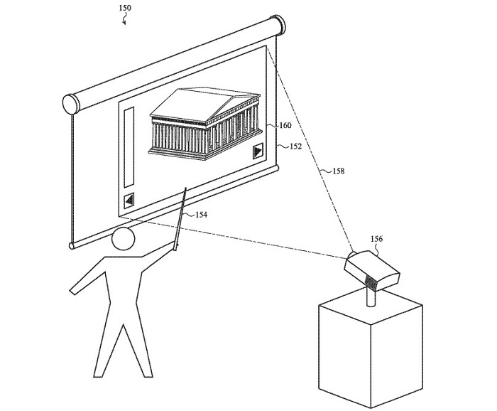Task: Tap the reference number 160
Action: [285, 126]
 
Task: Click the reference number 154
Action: [201, 214]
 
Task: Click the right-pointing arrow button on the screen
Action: [258, 151]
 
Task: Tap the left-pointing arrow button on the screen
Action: [129, 200]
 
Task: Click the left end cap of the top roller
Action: [71, 103]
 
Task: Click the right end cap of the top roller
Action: [279, 26]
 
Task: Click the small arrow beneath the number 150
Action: [124, 21]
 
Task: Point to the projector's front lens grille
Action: [371, 283]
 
